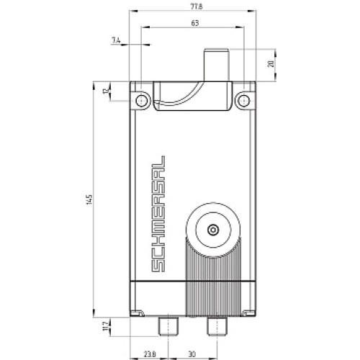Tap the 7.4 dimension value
tap(117, 41)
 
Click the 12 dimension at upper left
tap(104, 91)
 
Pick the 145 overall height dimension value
tap(86, 197)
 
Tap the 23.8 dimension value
tap(147, 354)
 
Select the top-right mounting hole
tap(243, 99)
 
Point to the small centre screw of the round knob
tap(212, 229)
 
